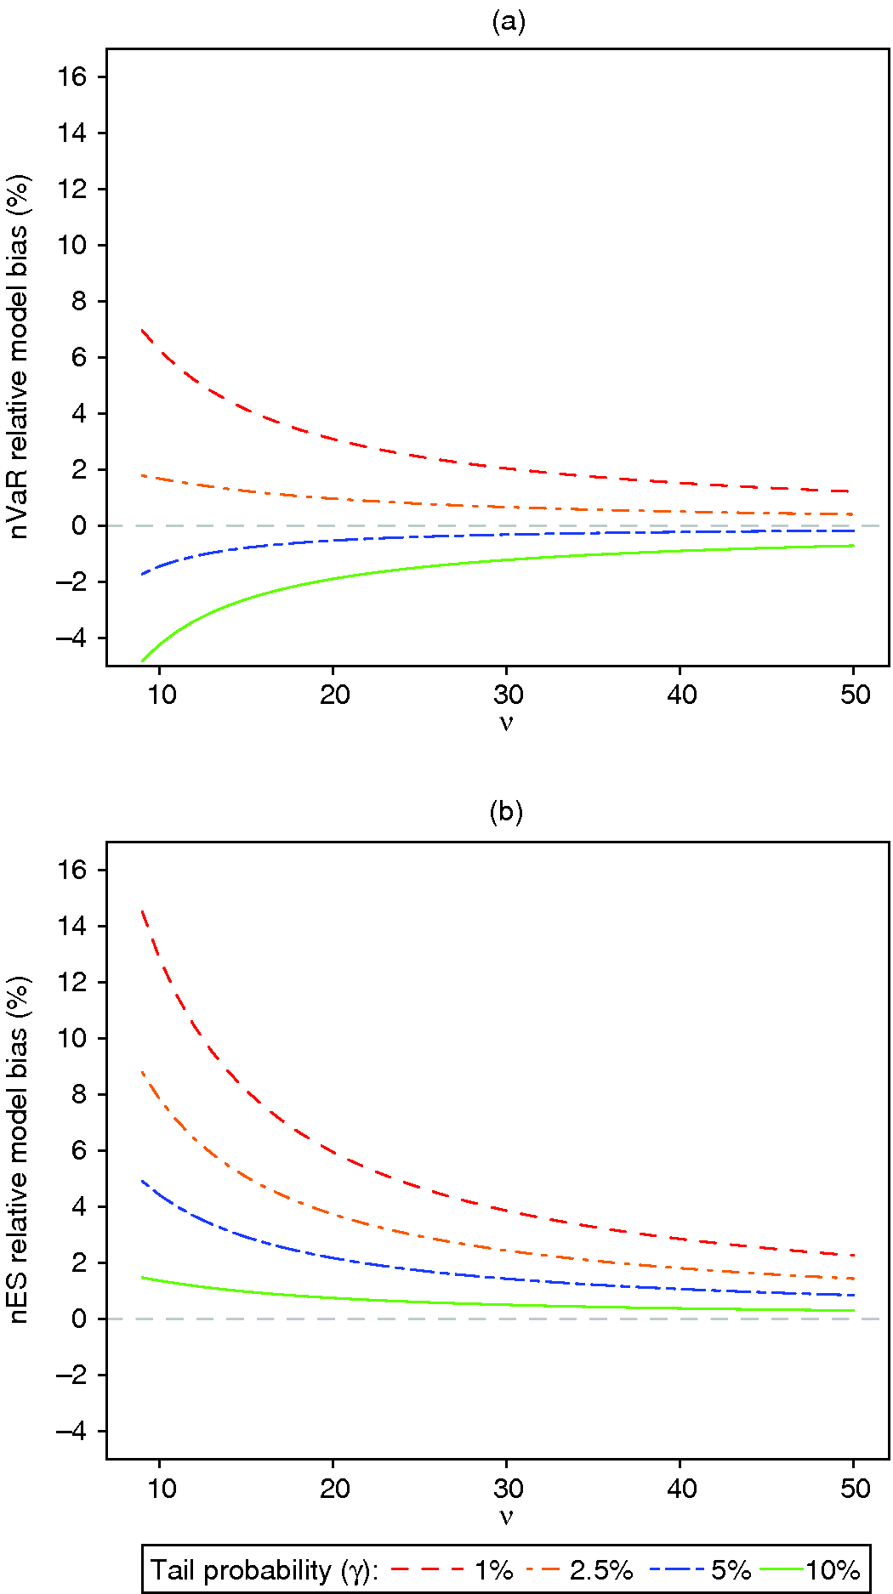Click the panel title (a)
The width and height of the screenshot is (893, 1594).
pyautogui.click(x=509, y=21)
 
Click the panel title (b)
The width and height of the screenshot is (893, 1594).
pyautogui.click(x=506, y=812)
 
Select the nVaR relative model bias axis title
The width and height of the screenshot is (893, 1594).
pyautogui.click(x=19, y=357)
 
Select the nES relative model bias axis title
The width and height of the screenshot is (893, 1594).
pyautogui.click(x=19, y=1149)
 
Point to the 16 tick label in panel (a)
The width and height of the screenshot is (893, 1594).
pyautogui.click(x=72, y=77)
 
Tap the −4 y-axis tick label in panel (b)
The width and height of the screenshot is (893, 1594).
pyautogui.click(x=72, y=1431)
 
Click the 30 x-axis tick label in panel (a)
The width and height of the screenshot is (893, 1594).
pyautogui.click(x=508, y=695)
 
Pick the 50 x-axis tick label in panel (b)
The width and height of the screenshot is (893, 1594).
pyautogui.click(x=855, y=1488)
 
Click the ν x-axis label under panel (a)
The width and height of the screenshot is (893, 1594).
pyautogui.click(x=506, y=723)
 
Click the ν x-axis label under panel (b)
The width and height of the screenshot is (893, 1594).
pyautogui.click(x=506, y=1516)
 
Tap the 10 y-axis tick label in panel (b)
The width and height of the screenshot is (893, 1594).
pyautogui.click(x=72, y=1038)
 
